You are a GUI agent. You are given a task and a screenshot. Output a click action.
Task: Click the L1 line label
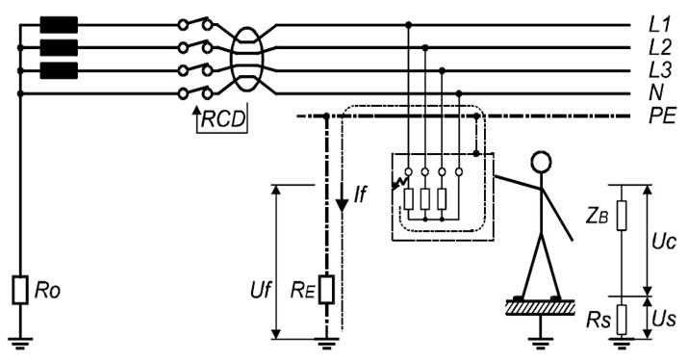point(659,25)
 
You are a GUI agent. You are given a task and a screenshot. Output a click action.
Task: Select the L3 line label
point(660,70)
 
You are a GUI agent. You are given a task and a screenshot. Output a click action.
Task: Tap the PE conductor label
point(663,116)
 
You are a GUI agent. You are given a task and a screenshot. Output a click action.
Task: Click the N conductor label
point(657,92)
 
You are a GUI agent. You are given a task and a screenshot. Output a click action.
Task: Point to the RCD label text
point(223,118)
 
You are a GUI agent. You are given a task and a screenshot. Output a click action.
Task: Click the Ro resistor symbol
point(20,290)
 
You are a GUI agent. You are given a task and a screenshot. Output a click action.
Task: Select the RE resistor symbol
point(326,290)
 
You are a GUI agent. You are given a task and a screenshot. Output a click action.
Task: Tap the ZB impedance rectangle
point(622,215)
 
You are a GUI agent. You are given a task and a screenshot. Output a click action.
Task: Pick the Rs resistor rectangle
point(622,320)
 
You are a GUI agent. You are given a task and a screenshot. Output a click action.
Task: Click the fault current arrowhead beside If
point(342,205)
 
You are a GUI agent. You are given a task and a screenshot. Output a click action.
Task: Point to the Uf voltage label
point(261,291)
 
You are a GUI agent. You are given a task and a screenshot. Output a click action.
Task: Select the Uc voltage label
point(664,242)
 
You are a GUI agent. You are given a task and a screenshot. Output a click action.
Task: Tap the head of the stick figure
point(541,162)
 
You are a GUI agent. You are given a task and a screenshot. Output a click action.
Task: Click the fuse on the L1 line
point(59,25)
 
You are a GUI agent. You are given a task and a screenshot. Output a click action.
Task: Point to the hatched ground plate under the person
point(541,307)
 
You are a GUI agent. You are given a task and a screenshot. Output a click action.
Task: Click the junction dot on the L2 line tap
point(424,47)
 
